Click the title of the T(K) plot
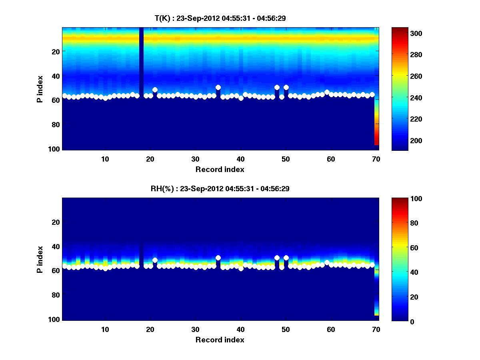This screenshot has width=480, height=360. (x=220, y=18)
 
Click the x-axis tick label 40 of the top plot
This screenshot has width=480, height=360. (x=240, y=159)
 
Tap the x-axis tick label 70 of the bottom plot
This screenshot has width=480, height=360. (x=376, y=330)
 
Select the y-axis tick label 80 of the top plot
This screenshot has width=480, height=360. (x=55, y=124)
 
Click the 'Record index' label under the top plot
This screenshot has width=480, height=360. (x=220, y=169)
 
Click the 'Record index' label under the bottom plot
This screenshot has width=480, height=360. (x=220, y=340)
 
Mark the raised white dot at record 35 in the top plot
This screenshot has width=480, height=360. (x=218, y=87)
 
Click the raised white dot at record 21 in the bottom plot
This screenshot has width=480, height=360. (x=155, y=260)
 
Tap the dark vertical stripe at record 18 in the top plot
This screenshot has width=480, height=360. (x=141, y=60)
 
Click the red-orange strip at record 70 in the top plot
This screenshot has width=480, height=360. (x=376, y=132)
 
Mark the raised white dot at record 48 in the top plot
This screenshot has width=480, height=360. (x=277, y=87)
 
